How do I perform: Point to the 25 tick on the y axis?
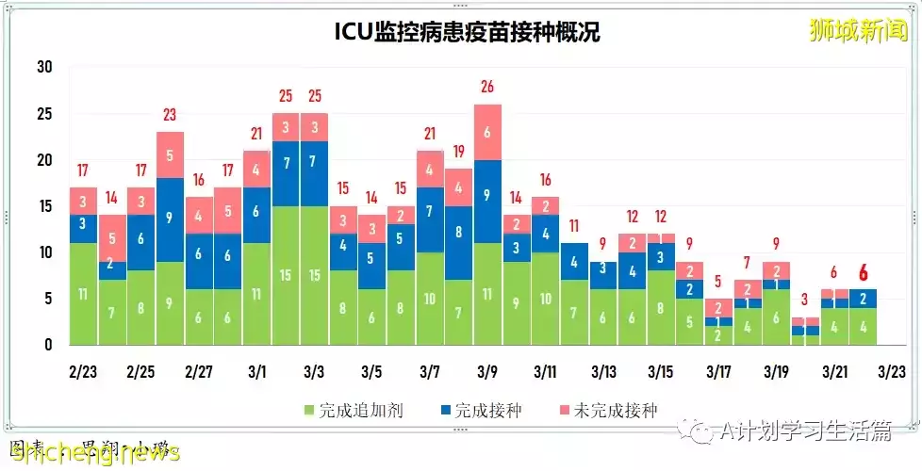click(44, 114)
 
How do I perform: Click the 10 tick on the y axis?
click(44, 252)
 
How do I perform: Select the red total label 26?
click(487, 88)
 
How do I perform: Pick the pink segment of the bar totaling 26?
click(487, 132)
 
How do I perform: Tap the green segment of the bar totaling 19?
click(458, 312)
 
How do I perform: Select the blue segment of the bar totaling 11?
click(574, 261)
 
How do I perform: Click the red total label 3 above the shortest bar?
click(804, 300)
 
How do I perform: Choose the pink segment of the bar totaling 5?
click(718, 307)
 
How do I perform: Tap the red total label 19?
click(458, 152)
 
